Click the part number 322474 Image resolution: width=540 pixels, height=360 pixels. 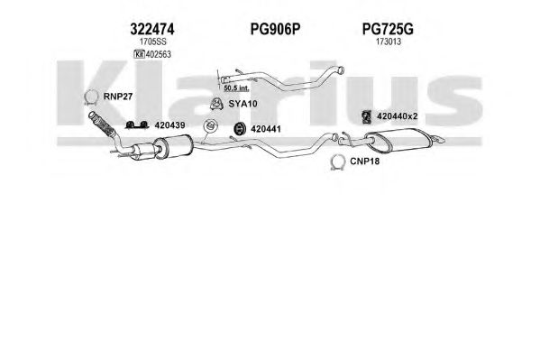coord(151,29)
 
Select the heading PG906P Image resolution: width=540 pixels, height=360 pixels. coord(275,29)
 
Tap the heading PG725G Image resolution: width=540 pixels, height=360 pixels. coord(388,29)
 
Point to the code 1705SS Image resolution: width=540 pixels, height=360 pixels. coord(152,42)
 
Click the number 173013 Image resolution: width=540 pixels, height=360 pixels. coord(389,42)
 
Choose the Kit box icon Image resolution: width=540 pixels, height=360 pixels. coord(139,54)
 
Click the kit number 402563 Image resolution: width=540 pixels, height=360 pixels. coord(158,54)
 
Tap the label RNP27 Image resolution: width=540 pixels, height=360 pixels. coord(118,97)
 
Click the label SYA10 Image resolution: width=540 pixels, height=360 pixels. coord(243,104)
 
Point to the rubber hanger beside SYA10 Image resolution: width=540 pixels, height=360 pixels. coord(216,104)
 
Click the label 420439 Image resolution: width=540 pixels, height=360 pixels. coord(169,125)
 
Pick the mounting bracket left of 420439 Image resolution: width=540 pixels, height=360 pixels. coord(136,125)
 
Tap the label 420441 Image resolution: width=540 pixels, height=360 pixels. coord(266,129)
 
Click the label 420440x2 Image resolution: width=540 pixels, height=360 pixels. coord(397,116)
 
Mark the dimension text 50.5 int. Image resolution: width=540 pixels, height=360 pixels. coord(236,88)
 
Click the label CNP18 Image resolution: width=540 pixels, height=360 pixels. coord(364,162)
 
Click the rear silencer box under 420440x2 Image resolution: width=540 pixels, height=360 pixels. coord(398,140)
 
